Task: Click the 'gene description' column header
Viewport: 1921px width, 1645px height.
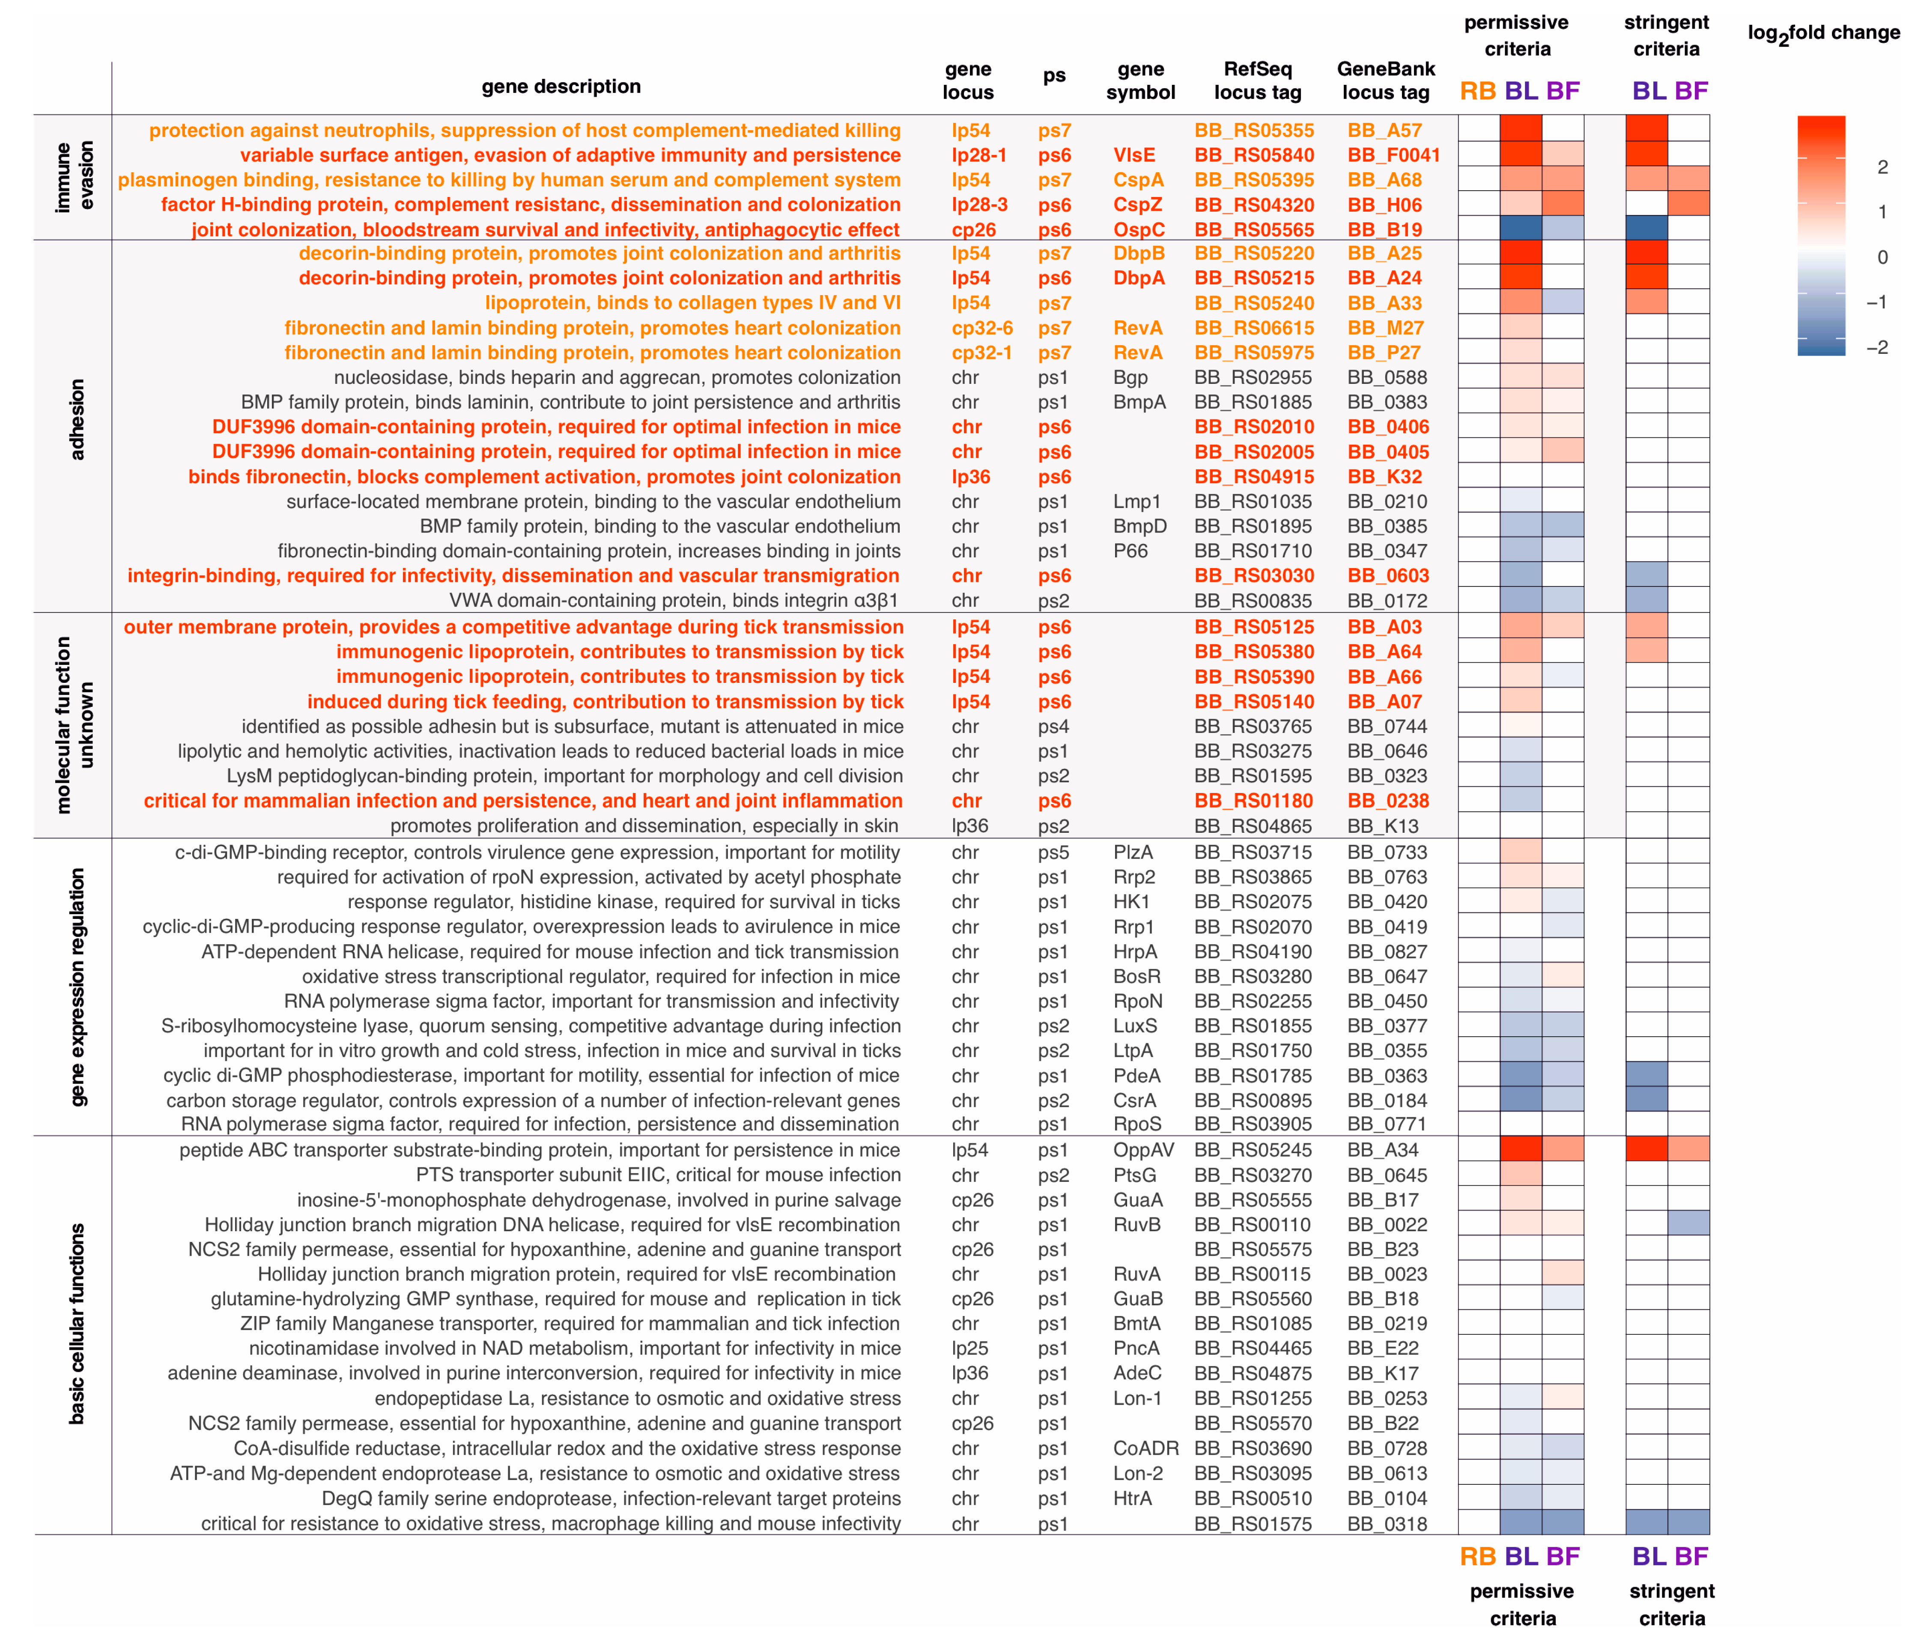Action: (x=561, y=86)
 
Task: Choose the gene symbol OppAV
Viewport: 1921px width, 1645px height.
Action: (x=1143, y=1150)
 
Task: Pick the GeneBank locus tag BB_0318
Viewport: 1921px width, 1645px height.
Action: (x=1387, y=1523)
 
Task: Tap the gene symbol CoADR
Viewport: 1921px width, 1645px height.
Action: (x=1146, y=1448)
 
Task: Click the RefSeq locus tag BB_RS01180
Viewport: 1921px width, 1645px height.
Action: (x=1253, y=801)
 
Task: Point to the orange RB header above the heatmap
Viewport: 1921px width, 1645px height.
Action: (x=1478, y=91)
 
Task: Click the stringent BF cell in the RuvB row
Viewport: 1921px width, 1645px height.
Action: (x=1688, y=1224)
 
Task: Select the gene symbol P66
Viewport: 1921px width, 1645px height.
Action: (x=1130, y=551)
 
